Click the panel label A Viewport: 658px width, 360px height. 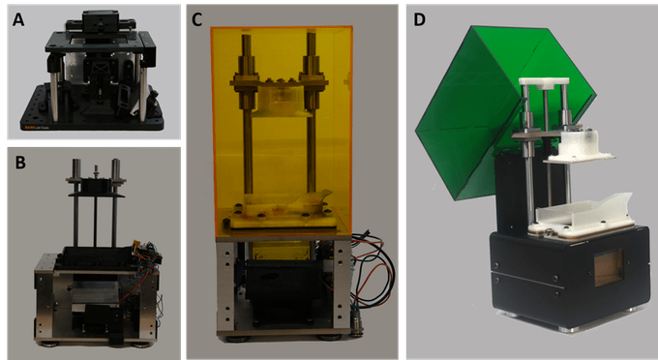pyautogui.click(x=18, y=19)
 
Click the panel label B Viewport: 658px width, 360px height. pyautogui.click(x=20, y=163)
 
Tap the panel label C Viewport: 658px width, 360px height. pyautogui.click(x=196, y=19)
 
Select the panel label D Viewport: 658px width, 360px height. pyautogui.click(x=419, y=19)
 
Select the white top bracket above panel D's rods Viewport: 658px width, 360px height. pyautogui.click(x=544, y=82)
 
